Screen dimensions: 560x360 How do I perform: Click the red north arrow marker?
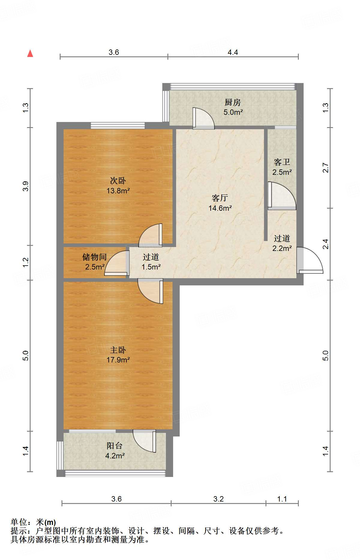pos(30,53)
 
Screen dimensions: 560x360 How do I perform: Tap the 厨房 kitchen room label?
pos(232,103)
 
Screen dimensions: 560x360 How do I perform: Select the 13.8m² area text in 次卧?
pos(118,191)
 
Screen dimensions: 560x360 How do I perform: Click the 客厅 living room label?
pos(220,198)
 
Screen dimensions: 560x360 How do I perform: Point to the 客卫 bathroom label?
pos(282,162)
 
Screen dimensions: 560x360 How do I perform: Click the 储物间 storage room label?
pos(94,257)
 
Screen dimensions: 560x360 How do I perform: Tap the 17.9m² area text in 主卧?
pos(118,360)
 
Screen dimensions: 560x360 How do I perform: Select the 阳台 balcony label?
pos(114,446)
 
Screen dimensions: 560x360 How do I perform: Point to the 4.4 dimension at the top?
pos(232,52)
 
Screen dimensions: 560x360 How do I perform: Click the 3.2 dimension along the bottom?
pos(218,499)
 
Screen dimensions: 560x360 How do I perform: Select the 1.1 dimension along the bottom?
pos(282,499)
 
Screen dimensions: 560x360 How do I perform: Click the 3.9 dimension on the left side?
pos(26,186)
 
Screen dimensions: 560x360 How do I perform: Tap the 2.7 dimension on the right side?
pos(326,168)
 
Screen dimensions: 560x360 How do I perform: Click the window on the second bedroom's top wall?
pos(118,126)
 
